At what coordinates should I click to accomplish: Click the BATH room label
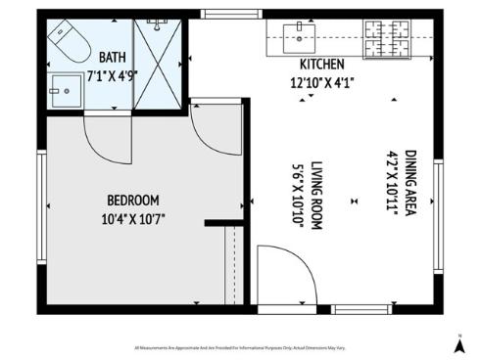coord(112,57)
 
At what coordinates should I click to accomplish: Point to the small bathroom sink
coord(67,86)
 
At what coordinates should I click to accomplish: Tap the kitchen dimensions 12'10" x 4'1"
coord(320,82)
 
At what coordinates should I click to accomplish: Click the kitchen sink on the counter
coord(297,38)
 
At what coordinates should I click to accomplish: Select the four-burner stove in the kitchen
coord(385,39)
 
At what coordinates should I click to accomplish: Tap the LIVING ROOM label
coord(317,194)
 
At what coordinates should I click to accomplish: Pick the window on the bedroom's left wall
coord(41,205)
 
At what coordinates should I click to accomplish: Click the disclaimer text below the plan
coord(240,347)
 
